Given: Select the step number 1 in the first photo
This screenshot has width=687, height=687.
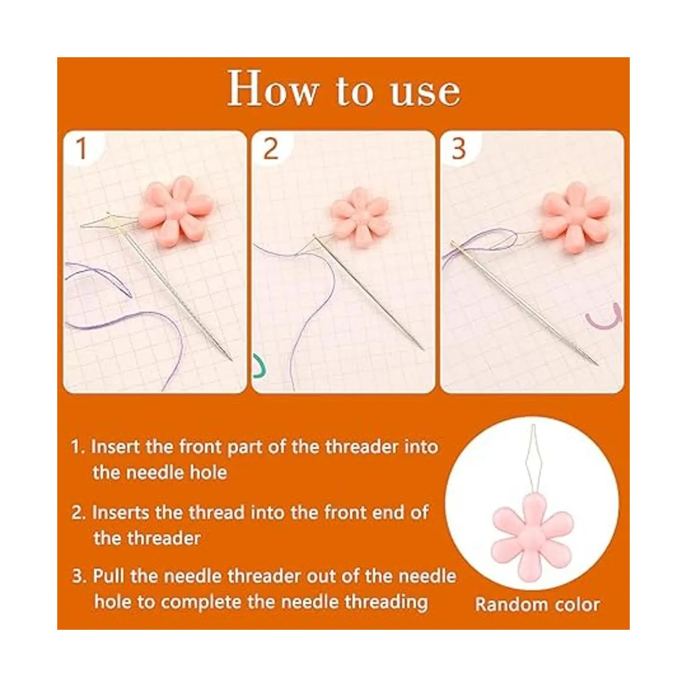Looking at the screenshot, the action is [82, 148].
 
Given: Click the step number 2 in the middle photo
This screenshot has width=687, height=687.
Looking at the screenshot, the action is [271, 149].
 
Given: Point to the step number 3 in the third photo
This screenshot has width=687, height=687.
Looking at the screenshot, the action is [459, 149].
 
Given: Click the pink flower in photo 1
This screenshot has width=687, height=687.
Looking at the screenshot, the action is [175, 211].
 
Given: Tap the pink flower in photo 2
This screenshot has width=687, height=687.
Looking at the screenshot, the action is [360, 218].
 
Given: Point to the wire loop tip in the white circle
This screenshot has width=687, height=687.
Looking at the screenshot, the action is [533, 426].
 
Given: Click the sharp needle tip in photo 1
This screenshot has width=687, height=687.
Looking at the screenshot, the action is [232, 361].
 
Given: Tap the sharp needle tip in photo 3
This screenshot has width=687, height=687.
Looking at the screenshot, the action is [598, 365].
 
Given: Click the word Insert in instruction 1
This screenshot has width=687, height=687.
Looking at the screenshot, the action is [115, 447].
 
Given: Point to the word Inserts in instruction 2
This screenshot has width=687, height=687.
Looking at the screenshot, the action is [121, 512].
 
